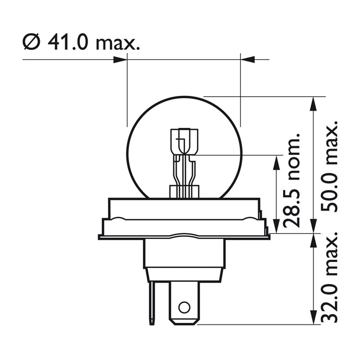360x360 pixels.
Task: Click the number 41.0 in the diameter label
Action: [x=67, y=42]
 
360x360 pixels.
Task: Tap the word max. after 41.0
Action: [x=117, y=43]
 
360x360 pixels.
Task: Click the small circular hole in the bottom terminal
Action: [x=183, y=306]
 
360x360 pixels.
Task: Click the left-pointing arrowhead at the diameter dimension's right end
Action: [x=248, y=59]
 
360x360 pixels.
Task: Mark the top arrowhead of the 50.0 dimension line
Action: [x=313, y=103]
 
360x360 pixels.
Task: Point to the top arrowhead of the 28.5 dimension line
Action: [x=275, y=161]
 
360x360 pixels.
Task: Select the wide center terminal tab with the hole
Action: [x=183, y=302]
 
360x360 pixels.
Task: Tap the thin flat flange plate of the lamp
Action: [x=184, y=237]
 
